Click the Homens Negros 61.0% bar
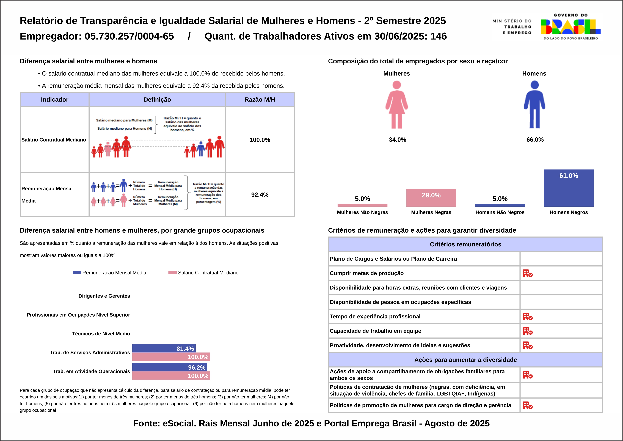click(569, 188)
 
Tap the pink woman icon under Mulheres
click(396, 105)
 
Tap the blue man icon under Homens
click(534, 105)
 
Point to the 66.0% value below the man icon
click(535, 140)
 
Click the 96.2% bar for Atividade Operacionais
click(170, 367)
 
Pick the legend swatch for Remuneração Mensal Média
click(77, 273)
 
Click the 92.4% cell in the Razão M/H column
click(260, 195)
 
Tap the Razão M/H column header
click(260, 100)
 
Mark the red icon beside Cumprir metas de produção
click(528, 273)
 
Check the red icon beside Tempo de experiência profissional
click(528, 317)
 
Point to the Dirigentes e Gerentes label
click(104, 296)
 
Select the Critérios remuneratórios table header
click(465, 244)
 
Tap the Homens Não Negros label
click(500, 212)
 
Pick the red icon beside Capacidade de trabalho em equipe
click(528, 331)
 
